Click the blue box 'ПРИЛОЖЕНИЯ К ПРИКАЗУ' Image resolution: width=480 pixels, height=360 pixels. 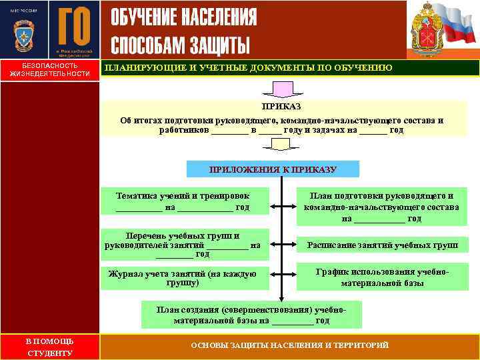(273, 169)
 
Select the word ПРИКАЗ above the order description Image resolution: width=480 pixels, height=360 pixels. (281, 107)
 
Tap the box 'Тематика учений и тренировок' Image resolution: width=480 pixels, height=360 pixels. (183, 201)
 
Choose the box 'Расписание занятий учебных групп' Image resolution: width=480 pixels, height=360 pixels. (382, 245)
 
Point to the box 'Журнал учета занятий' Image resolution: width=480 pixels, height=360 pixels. (183, 278)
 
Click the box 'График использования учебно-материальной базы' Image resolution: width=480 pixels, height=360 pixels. (382, 278)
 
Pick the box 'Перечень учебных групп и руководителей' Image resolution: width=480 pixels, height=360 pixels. (183, 245)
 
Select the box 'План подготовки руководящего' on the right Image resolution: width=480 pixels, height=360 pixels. (382, 207)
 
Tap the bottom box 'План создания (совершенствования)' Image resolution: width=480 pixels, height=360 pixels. (251, 315)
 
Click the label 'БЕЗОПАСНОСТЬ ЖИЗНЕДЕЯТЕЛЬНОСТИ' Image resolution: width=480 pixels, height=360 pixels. (49, 70)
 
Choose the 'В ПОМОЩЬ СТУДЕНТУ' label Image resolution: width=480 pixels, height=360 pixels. (49, 347)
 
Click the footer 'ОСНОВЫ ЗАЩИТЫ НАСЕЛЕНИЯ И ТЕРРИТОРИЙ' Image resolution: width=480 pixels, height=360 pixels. (289, 345)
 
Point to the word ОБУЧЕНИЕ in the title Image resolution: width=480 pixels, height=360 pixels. (144, 17)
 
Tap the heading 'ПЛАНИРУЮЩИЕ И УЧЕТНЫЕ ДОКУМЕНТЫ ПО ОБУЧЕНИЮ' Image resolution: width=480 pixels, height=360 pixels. (247, 68)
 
